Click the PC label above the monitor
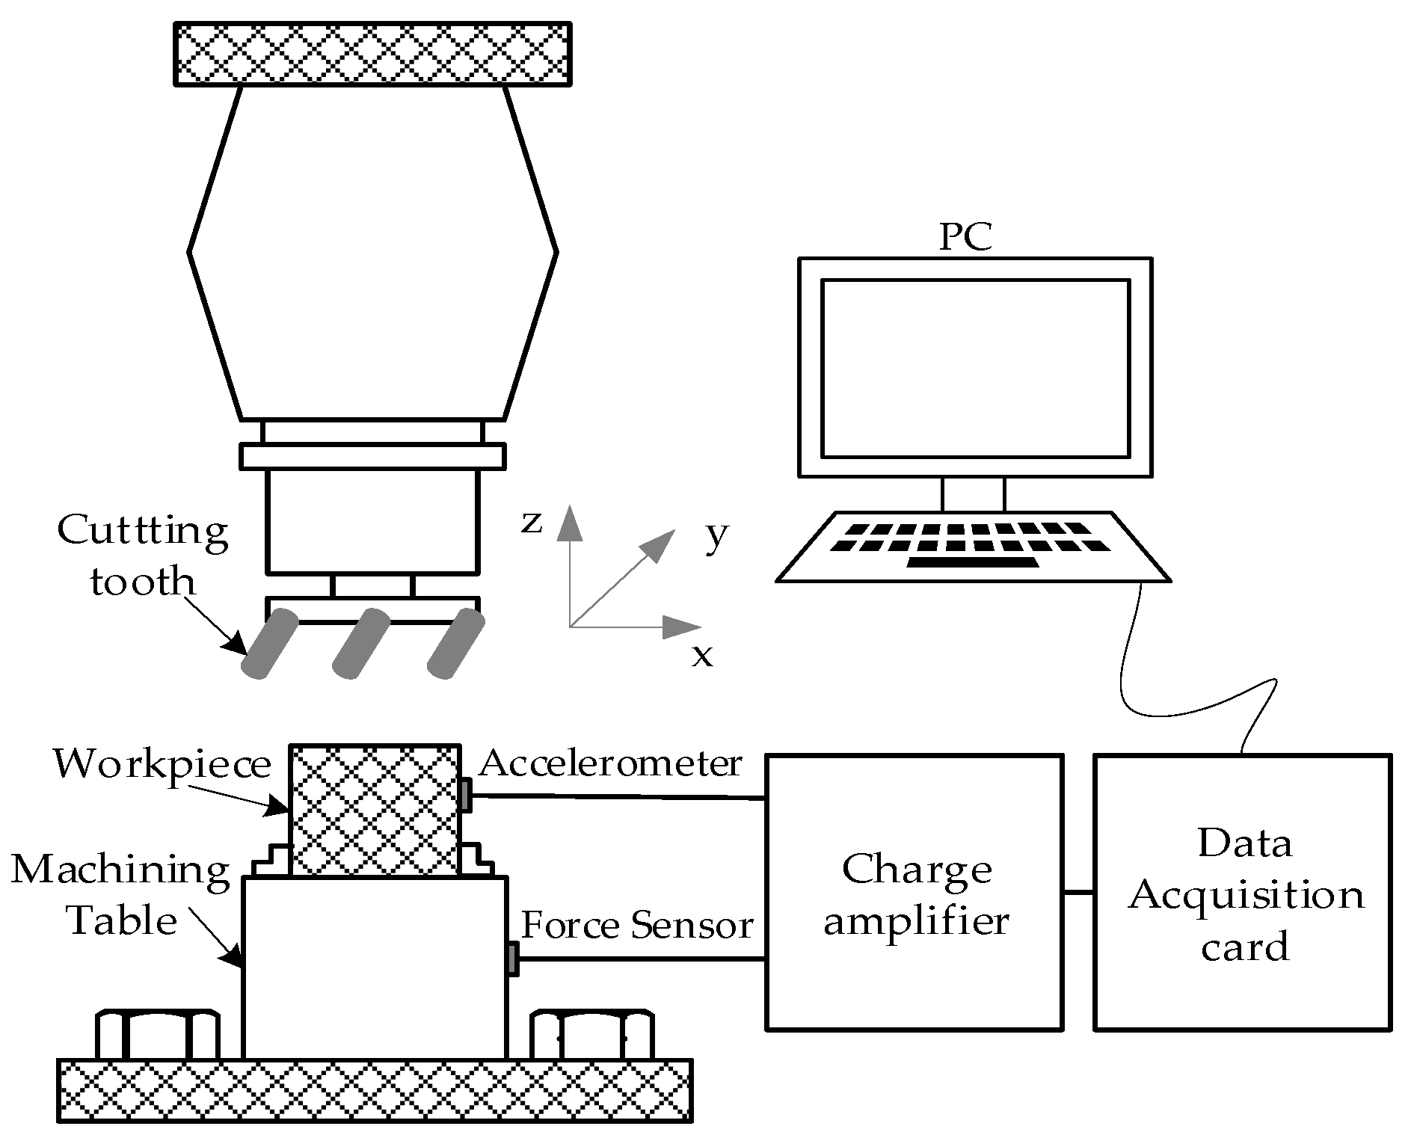pyautogui.click(x=965, y=236)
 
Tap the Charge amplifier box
pyautogui.click(x=914, y=893)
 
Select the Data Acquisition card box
pyautogui.click(x=1243, y=893)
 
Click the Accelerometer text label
pyautogui.click(x=610, y=764)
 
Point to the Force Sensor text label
pyautogui.click(x=636, y=926)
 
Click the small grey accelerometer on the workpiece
pyautogui.click(x=465, y=795)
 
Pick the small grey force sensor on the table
pyautogui.click(x=512, y=959)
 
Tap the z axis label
pyautogui.click(x=532, y=523)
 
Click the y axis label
pyautogui.click(x=716, y=535)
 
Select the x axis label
pyautogui.click(x=702, y=656)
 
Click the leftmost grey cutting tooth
pyautogui.click(x=270, y=644)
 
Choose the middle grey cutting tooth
pyautogui.click(x=360, y=644)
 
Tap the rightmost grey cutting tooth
pyautogui.click(x=455, y=644)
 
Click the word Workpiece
pyautogui.click(x=162, y=764)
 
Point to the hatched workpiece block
pyautogui.click(x=375, y=811)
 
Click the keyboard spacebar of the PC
pyautogui.click(x=972, y=562)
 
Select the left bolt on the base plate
pyautogui.click(x=159, y=1036)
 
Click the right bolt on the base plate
pyautogui.click(x=592, y=1036)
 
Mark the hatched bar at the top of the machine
pyautogui.click(x=373, y=54)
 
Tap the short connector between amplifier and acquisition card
pyautogui.click(x=1078, y=892)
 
